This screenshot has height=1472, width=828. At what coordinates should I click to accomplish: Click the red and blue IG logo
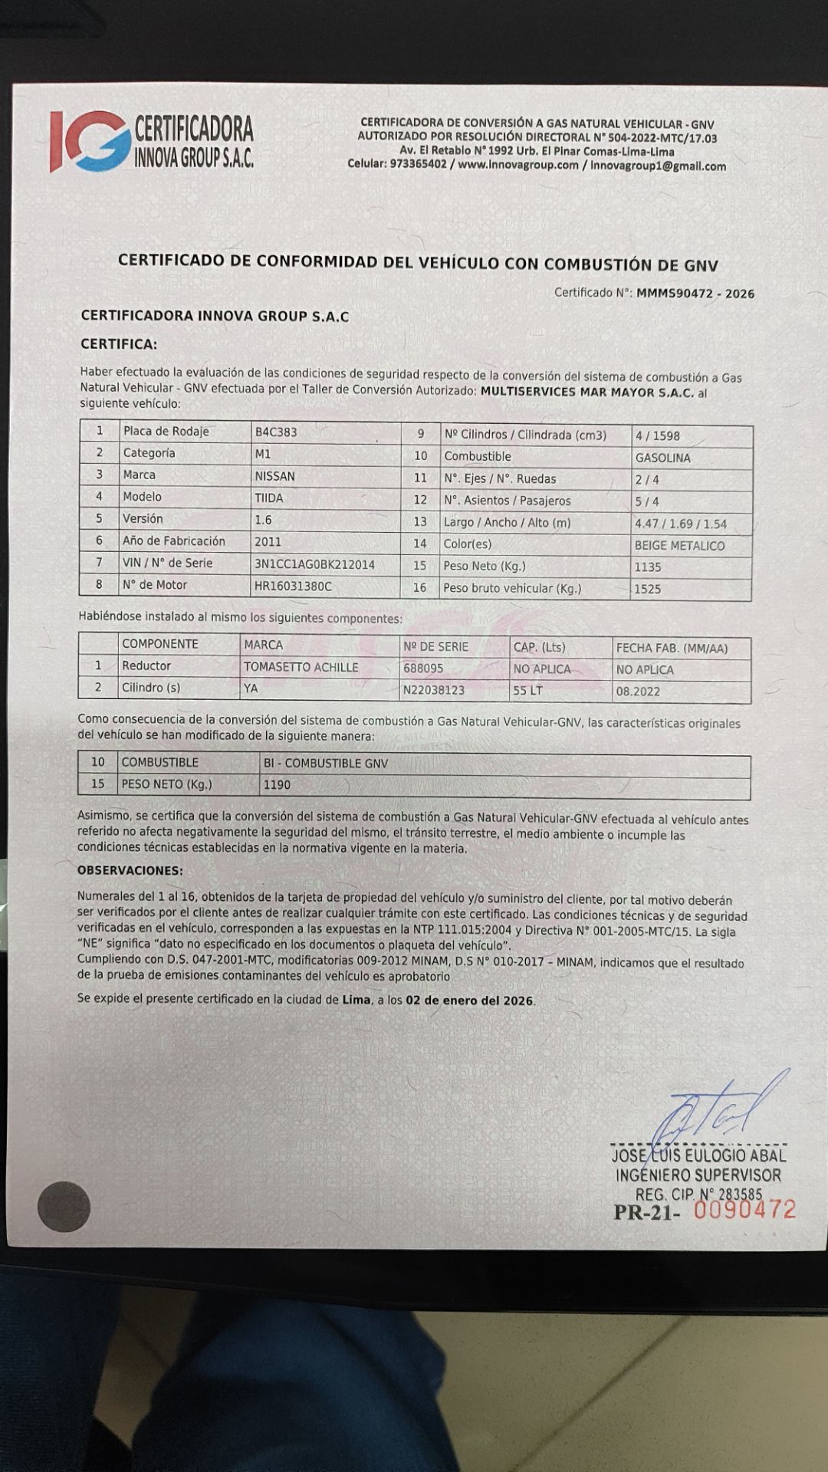(x=90, y=140)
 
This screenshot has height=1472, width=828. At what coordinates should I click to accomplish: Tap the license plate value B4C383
(x=276, y=432)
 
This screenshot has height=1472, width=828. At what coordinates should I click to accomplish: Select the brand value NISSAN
(x=274, y=476)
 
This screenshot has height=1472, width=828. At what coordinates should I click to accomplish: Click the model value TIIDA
(x=269, y=498)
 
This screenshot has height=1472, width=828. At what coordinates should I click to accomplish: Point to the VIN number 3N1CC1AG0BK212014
(x=314, y=564)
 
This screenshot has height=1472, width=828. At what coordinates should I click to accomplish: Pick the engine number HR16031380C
(x=293, y=586)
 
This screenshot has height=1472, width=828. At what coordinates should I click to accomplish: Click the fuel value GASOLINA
(x=662, y=458)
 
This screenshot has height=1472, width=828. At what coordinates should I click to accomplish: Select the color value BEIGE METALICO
(x=679, y=546)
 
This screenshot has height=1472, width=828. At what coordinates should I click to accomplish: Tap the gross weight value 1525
(x=647, y=589)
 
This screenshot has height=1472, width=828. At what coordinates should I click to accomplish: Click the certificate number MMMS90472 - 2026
(x=695, y=293)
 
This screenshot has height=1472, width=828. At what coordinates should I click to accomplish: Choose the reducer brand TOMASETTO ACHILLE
(x=301, y=667)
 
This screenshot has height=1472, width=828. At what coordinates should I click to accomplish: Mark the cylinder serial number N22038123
(x=434, y=690)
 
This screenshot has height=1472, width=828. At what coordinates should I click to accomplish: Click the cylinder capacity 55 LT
(x=527, y=690)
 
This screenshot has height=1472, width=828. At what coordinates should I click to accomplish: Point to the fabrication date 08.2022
(x=638, y=691)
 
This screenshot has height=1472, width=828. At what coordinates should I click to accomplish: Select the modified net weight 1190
(x=277, y=784)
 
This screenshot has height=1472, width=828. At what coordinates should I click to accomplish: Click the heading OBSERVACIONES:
(x=130, y=870)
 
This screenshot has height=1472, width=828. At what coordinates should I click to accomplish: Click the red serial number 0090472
(x=744, y=1209)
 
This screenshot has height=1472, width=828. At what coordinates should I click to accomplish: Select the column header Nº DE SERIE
(x=435, y=646)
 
